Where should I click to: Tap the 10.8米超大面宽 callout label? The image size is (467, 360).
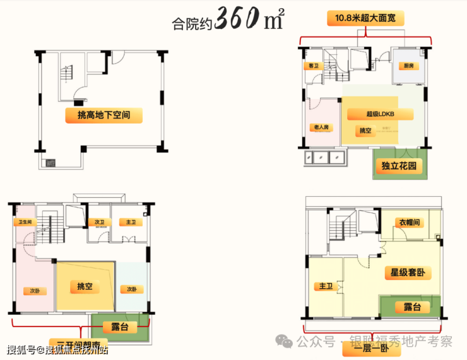click(366, 19)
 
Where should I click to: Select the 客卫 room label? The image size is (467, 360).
click(312, 66)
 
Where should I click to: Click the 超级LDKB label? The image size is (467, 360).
click(381, 114)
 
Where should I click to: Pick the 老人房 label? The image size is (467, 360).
click(321, 127)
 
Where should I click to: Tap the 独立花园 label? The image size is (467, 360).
click(399, 167)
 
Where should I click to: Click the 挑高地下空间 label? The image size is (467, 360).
click(103, 115)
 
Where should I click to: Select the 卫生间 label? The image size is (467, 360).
click(25, 222)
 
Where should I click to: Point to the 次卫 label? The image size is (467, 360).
click(100, 222)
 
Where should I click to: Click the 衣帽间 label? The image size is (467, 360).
click(408, 222)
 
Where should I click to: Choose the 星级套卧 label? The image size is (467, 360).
click(407, 273)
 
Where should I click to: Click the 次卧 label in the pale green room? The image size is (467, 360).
click(131, 289)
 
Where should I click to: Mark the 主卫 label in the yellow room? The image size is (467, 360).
click(326, 286)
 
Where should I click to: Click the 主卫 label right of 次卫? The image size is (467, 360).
click(131, 222)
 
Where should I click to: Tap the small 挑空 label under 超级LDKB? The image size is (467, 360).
click(365, 131)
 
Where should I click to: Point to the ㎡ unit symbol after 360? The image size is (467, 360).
click(273, 21)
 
